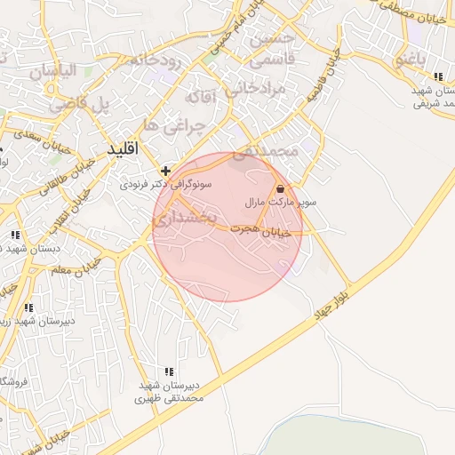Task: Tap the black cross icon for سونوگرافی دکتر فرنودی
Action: click(x=165, y=170)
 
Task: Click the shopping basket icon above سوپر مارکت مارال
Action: click(x=281, y=188)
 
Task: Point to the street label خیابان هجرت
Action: click(x=260, y=230)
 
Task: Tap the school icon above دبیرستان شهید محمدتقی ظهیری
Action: click(x=169, y=371)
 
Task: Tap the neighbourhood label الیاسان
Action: click(x=55, y=71)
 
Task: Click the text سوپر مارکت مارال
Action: click(x=281, y=204)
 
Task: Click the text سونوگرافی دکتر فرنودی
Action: click(x=169, y=185)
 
